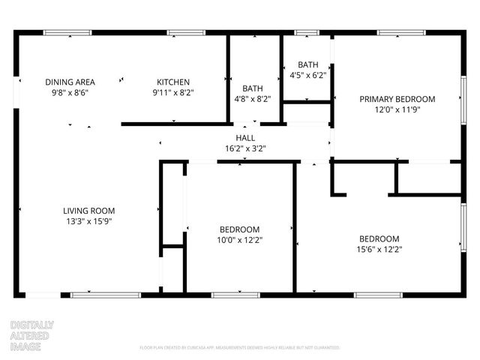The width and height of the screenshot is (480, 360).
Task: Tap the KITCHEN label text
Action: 172,82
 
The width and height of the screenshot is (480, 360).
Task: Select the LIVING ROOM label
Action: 88,211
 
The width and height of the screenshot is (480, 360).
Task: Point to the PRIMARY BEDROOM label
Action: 397,99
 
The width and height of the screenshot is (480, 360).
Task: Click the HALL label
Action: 245,138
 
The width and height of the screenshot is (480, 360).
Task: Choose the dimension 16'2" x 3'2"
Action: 245,148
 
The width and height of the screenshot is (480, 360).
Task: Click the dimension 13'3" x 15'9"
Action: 88,221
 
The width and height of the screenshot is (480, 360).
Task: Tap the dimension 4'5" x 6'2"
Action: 308,75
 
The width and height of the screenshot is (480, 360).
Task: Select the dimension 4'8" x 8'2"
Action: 251,98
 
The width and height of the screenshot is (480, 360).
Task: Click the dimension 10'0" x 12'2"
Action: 239,240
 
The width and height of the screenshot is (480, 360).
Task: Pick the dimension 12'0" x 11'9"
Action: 397,109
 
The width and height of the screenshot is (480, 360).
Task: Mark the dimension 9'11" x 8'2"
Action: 172,93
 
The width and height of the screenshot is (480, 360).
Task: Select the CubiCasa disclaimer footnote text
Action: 240,348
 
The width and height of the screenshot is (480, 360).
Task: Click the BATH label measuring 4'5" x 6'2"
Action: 308,64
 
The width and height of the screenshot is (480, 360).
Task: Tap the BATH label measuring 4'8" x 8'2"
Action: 251,88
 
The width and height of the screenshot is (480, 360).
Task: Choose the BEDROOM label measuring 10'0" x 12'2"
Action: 239,229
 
